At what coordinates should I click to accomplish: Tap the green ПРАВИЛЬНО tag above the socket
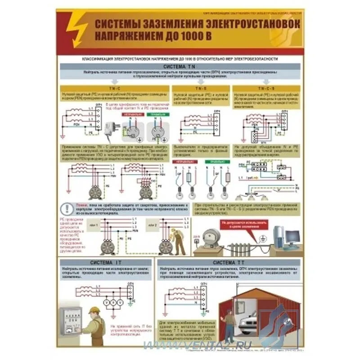tap(154, 115)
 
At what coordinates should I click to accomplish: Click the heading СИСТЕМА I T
tap(105, 262)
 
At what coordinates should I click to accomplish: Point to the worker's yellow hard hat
tap(93, 310)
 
